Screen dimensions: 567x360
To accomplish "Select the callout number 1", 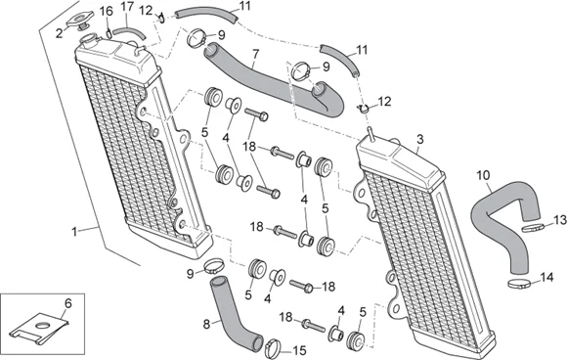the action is [74, 232].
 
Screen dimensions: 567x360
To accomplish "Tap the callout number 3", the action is [419, 139].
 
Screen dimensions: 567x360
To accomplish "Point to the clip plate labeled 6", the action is [38, 329].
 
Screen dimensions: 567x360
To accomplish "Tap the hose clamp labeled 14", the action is [520, 284].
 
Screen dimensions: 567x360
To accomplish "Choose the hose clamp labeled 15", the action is [273, 347].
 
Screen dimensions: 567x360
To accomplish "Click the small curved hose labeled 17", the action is [129, 32].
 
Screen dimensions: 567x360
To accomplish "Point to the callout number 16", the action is [107, 12].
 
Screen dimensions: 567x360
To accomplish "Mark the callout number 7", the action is [256, 55].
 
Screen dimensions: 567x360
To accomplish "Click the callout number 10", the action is [483, 175].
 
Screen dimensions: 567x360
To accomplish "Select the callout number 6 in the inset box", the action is [68, 303].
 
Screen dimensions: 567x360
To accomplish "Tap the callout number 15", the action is [300, 350].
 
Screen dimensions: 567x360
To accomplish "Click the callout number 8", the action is [206, 324].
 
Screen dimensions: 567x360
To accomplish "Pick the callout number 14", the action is [546, 278].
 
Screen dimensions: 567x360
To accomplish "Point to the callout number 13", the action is [560, 219].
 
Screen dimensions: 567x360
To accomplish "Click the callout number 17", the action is [127, 7].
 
